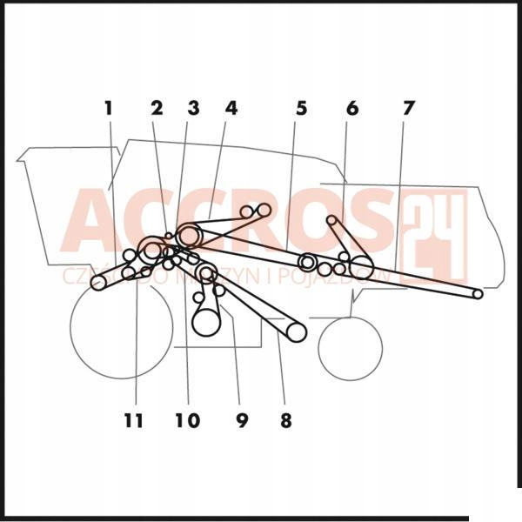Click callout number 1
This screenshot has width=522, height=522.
click(x=109, y=109)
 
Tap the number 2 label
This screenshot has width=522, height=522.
click(x=157, y=109)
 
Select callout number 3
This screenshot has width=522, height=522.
click(x=193, y=109)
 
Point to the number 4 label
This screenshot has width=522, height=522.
click(x=231, y=109)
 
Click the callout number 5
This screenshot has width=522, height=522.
click(x=301, y=109)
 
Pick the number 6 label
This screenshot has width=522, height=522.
click(x=352, y=109)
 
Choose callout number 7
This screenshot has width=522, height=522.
click(x=408, y=109)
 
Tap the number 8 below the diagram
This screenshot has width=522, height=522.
click(x=285, y=421)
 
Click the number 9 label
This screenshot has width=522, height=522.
click(x=242, y=421)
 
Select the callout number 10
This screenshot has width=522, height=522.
click(x=186, y=421)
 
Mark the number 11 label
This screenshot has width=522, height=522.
click(x=132, y=421)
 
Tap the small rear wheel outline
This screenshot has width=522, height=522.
click(x=350, y=349)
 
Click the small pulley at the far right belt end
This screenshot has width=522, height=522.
click(x=477, y=294)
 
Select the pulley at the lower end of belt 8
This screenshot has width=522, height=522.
click(x=297, y=331)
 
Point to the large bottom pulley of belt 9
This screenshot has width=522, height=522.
click(x=206, y=322)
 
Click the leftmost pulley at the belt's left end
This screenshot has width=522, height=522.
click(x=98, y=283)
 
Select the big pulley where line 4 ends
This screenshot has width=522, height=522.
click(x=189, y=235)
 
